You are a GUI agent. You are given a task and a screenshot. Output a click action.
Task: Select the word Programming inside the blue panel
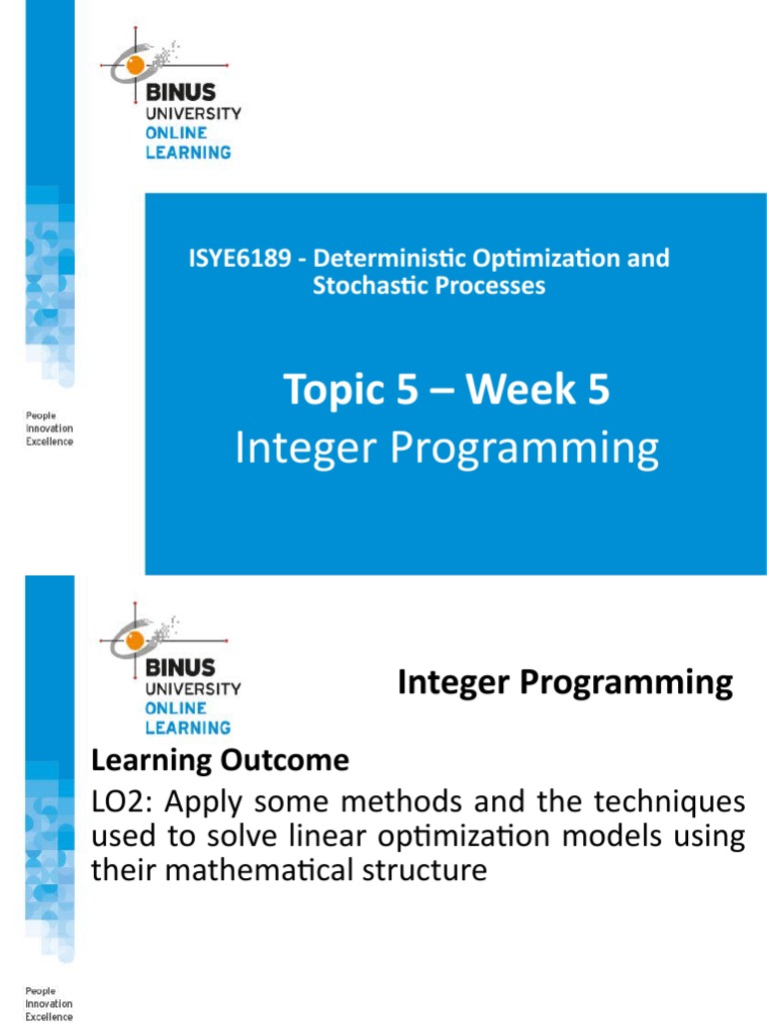pyautogui.click(x=524, y=450)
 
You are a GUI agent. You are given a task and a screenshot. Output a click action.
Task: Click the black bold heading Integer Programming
pyautogui.click(x=564, y=683)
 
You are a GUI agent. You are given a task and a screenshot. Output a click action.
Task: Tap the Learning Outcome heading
pyautogui.click(x=220, y=761)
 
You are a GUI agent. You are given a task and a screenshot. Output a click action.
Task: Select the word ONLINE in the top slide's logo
pyautogui.click(x=177, y=133)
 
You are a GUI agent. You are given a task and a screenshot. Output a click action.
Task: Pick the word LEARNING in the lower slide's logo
pyautogui.click(x=188, y=727)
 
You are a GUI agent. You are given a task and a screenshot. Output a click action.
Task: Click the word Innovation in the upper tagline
pyautogui.click(x=49, y=428)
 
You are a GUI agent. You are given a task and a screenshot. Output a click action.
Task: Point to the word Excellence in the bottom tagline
pyautogui.click(x=49, y=1016)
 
